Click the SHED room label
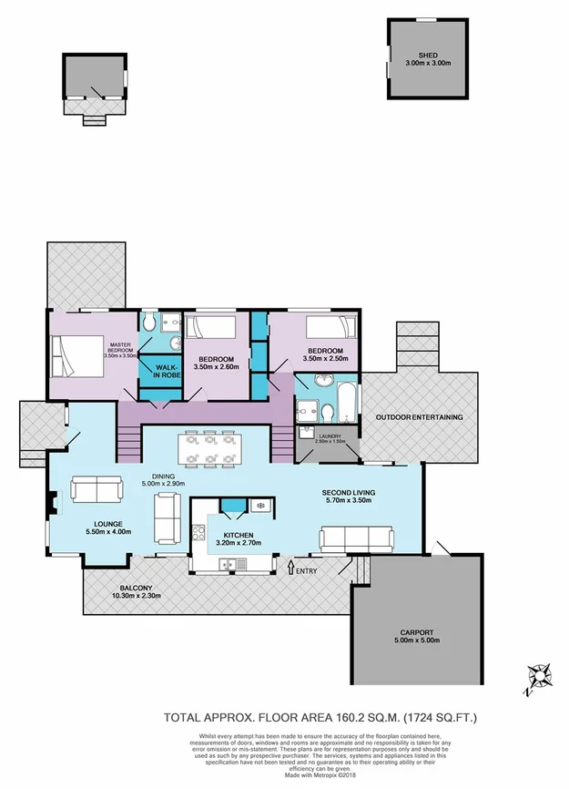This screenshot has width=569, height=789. [428, 56]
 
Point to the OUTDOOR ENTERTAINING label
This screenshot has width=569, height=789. [420, 417]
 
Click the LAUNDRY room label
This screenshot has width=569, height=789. [329, 437]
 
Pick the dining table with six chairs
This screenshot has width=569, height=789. [210, 447]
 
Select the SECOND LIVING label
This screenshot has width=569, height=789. [349, 493]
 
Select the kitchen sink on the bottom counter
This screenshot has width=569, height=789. [230, 566]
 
